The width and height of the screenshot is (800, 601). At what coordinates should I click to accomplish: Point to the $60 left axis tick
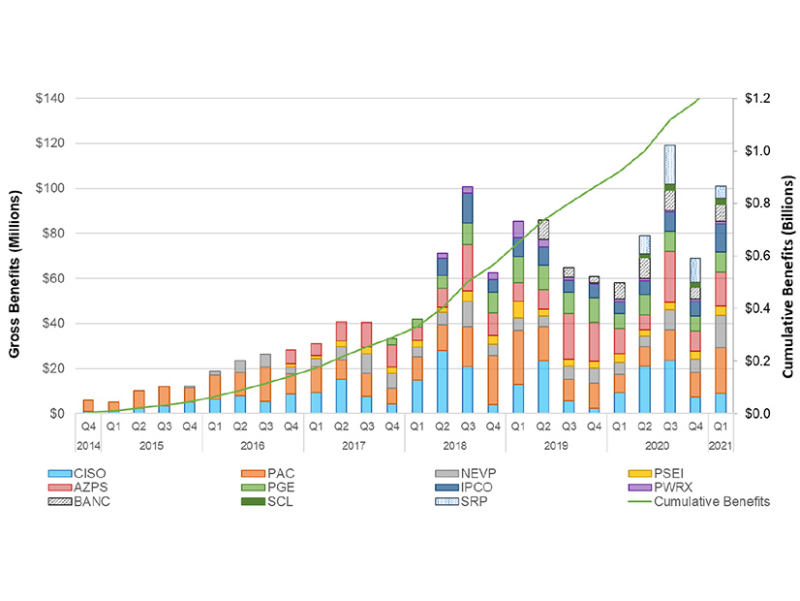pyautogui.click(x=52, y=278)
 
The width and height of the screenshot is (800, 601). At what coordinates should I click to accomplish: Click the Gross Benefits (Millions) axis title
pyautogui.click(x=16, y=256)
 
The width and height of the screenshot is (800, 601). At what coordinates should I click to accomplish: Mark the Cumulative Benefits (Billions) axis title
pyautogui.click(x=787, y=256)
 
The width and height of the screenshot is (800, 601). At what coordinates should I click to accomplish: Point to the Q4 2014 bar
pyautogui.click(x=88, y=406)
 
